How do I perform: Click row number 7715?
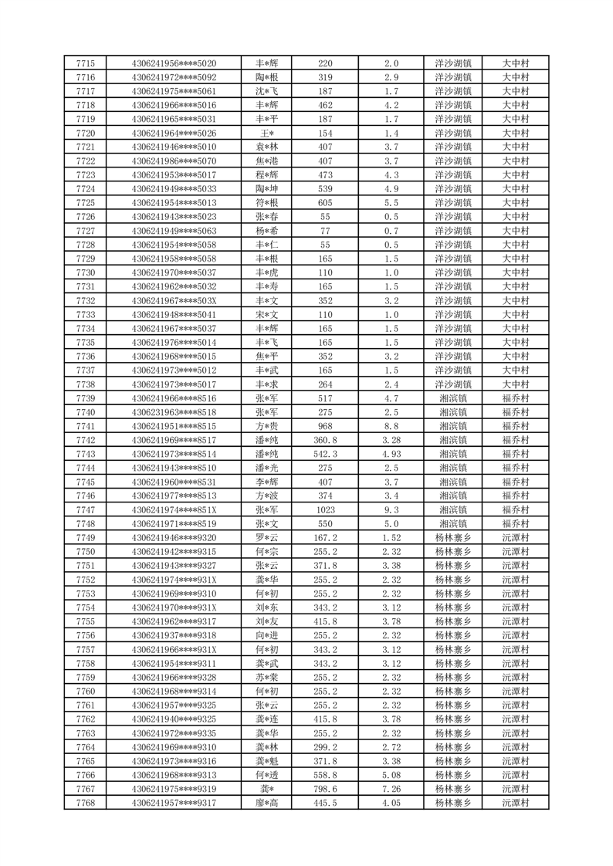(x=86, y=63)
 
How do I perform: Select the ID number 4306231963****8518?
(x=174, y=412)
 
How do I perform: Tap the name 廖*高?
(x=267, y=803)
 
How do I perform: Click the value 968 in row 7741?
(x=325, y=426)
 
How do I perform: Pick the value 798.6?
(x=325, y=790)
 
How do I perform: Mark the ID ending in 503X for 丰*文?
(x=174, y=300)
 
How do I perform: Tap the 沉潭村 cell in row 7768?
(x=516, y=803)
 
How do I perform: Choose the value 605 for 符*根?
(x=325, y=203)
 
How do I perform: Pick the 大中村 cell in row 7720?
(x=516, y=133)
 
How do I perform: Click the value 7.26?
(x=391, y=790)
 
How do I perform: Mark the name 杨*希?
(x=267, y=231)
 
